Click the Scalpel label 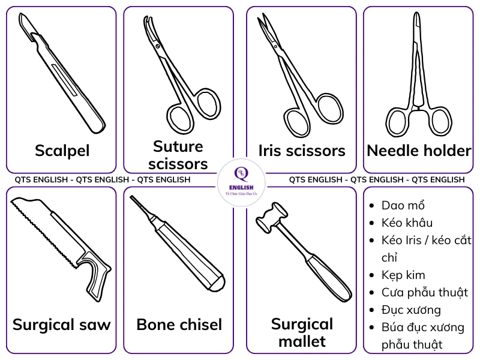tap(62, 150)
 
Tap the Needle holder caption tap(419, 150)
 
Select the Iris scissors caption tap(302, 150)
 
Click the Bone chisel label tap(179, 325)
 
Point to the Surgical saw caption tap(62, 325)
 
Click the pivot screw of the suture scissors tap(157, 46)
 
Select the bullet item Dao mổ tap(403, 206)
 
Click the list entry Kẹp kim tap(403, 275)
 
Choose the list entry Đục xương tap(411, 310)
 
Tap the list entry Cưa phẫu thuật tap(425, 293)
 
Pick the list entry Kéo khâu tap(407, 223)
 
